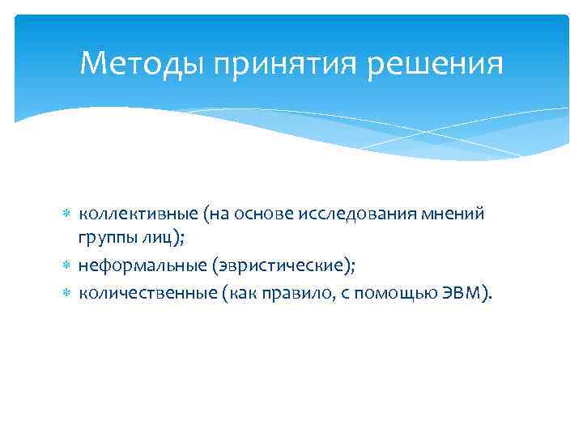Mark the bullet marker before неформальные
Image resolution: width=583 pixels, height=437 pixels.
pos(68,265)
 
